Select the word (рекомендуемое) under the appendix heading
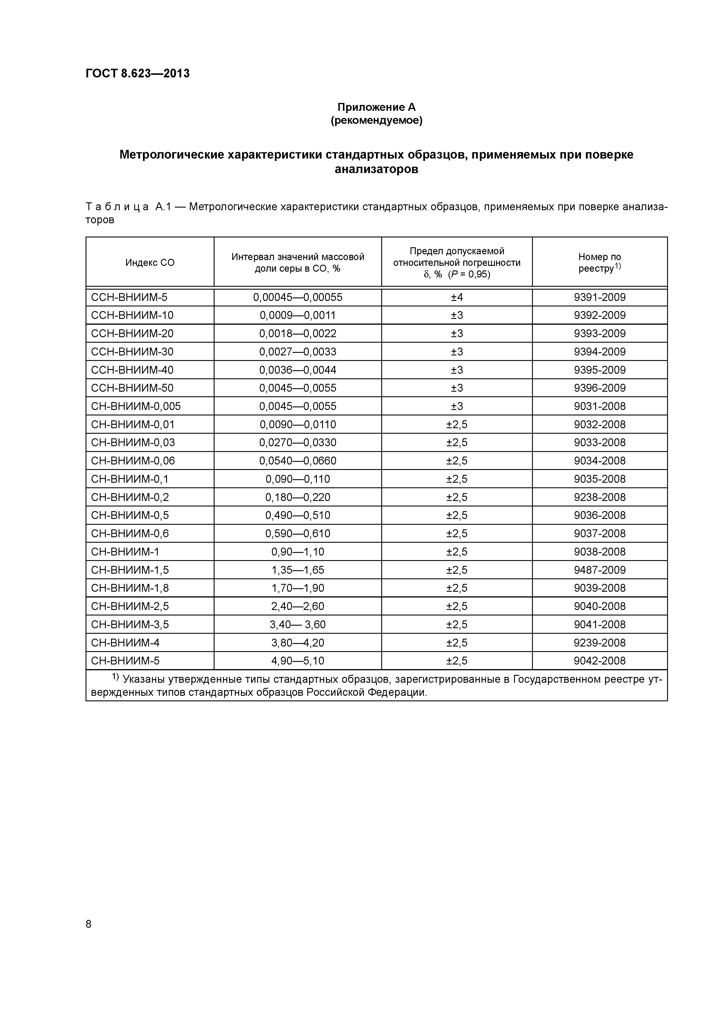tap(377, 121)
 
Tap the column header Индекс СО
tap(150, 263)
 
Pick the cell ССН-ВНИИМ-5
tap(129, 297)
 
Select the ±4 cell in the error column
tap(457, 297)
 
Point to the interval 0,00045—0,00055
tap(298, 297)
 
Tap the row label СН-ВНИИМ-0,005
tap(136, 406)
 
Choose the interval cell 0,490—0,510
tap(298, 515)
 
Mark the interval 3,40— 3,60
tap(298, 624)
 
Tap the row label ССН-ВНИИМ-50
tap(132, 388)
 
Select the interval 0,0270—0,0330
tap(298, 442)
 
